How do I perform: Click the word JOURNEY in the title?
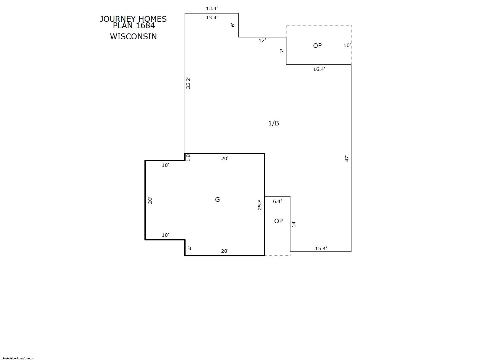[x=118, y=19]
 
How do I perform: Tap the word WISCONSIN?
[x=133, y=36]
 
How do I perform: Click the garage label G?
[x=217, y=199]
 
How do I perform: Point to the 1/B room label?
[x=274, y=123]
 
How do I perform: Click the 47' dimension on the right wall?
[x=347, y=159]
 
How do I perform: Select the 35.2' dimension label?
[x=188, y=83]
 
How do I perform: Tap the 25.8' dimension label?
[x=259, y=205]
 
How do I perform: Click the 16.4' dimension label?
[x=319, y=69]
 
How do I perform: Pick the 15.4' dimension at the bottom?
[x=321, y=248]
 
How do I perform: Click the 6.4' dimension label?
[x=277, y=201]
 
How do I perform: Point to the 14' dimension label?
[x=294, y=224]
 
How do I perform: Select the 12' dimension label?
[x=262, y=40]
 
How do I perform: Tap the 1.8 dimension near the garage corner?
[x=188, y=158]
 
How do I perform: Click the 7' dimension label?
[x=282, y=51]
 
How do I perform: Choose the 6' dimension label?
[x=233, y=25]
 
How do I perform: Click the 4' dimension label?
[x=190, y=248]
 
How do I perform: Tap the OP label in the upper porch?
[x=317, y=46]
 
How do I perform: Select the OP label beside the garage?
[x=278, y=221]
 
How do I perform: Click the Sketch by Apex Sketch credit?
[x=18, y=358]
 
